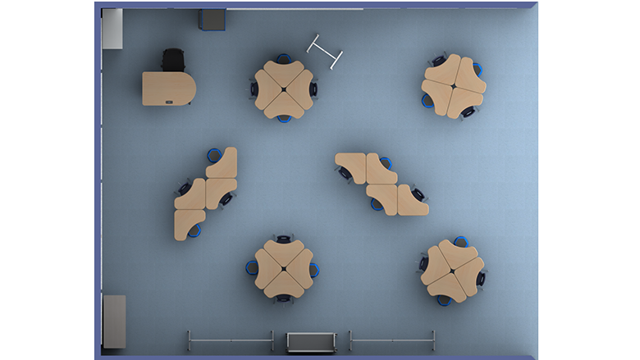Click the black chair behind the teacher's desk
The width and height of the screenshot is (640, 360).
click(x=173, y=60)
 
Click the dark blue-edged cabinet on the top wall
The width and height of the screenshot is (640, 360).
click(x=213, y=20)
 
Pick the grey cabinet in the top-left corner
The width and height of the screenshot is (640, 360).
click(x=112, y=29)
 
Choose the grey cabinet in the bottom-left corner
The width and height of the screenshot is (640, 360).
click(x=114, y=321)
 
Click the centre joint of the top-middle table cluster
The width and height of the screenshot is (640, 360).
click(x=284, y=89)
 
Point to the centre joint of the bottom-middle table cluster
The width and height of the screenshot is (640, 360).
click(x=284, y=268)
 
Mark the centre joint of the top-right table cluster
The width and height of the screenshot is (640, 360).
click(x=454, y=86)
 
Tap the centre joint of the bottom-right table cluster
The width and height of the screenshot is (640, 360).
click(x=453, y=267)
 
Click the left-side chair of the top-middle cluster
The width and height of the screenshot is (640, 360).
click(x=254, y=88)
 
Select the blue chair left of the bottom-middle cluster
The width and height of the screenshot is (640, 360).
click(x=251, y=267)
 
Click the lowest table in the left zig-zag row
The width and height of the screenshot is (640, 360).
click(x=188, y=224)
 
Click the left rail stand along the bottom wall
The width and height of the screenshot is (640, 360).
click(x=231, y=339)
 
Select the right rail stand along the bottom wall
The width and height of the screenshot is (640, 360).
click(x=391, y=339)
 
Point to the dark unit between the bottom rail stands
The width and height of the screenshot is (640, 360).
click(x=310, y=340)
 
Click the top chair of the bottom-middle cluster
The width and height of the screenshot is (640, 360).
click(x=284, y=239)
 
